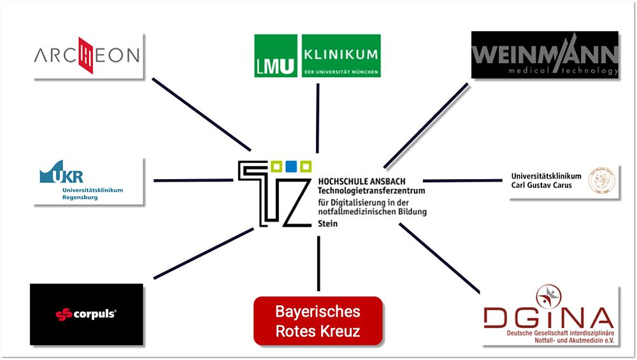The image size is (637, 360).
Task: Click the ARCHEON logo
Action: (x=88, y=56)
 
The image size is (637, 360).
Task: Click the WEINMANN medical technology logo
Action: (x=545, y=55)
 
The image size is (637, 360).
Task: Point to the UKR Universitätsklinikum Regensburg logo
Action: (x=88, y=181)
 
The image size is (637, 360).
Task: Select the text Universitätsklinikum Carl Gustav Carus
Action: (x=546, y=180)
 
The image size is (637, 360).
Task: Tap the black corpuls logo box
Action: (x=87, y=314)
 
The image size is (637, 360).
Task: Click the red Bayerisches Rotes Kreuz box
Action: (x=318, y=321)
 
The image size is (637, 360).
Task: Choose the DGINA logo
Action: (x=550, y=315)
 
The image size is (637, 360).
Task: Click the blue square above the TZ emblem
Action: (x=291, y=167)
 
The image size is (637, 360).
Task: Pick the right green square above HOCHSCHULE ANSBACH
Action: (x=306, y=167)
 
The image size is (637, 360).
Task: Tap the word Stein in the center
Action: (x=328, y=224)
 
